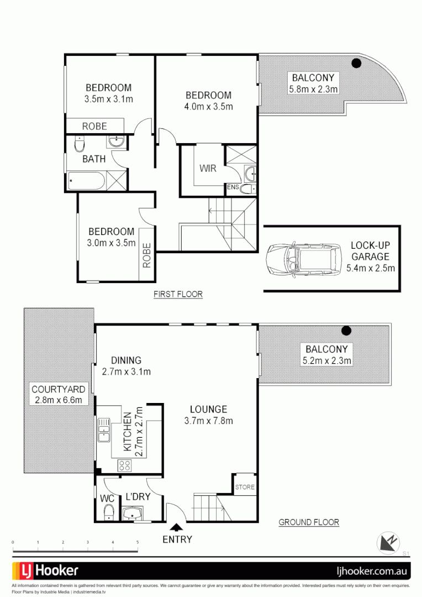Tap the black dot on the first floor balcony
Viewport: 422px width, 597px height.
point(357,63)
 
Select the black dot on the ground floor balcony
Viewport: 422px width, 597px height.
point(346,331)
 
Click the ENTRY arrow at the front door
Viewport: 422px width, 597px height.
point(177,528)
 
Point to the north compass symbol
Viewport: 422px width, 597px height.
point(388,542)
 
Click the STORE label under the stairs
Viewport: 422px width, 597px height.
point(245,487)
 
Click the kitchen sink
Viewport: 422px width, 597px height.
point(103,431)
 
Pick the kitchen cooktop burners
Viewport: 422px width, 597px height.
point(123,465)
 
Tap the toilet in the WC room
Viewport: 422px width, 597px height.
point(109,512)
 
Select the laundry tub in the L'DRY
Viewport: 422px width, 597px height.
point(133,515)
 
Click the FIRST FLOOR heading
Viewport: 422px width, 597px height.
point(178,295)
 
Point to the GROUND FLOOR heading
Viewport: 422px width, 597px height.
point(309,522)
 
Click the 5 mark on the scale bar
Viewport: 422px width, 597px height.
point(138,542)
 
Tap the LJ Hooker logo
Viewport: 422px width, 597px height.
point(45,570)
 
